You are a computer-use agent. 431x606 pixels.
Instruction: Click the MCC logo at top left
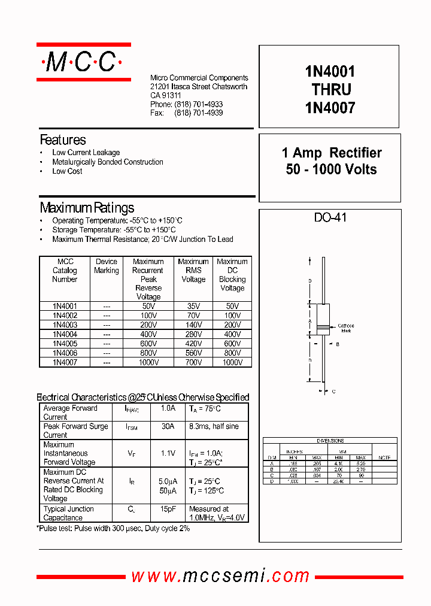(x=83, y=62)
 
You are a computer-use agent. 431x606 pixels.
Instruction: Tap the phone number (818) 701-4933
(x=198, y=104)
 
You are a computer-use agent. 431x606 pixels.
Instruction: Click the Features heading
(x=63, y=140)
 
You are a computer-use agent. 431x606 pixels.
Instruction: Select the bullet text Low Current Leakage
(x=86, y=153)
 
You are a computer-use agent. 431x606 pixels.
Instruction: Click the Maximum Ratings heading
(x=87, y=208)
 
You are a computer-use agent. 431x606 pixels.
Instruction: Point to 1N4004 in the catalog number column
(x=65, y=334)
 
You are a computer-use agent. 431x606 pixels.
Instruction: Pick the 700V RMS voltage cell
(x=193, y=362)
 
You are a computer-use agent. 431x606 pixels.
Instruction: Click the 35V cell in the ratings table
(x=193, y=306)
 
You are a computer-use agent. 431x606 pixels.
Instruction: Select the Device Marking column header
(x=107, y=266)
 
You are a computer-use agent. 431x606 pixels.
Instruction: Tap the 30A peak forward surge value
(x=168, y=426)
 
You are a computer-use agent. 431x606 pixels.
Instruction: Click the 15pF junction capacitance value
(x=168, y=509)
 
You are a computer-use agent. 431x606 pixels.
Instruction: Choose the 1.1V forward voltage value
(x=168, y=453)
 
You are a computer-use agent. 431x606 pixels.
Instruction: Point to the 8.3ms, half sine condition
(x=214, y=426)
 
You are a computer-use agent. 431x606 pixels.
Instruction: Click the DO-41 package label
(x=330, y=218)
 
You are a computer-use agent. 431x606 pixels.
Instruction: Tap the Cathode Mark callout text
(x=346, y=328)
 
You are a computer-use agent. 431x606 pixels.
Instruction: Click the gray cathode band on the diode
(x=323, y=327)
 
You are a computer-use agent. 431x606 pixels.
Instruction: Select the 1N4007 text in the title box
(x=330, y=108)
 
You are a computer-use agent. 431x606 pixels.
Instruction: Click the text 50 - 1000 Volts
(x=331, y=169)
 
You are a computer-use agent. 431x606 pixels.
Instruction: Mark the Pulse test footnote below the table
(x=114, y=529)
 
